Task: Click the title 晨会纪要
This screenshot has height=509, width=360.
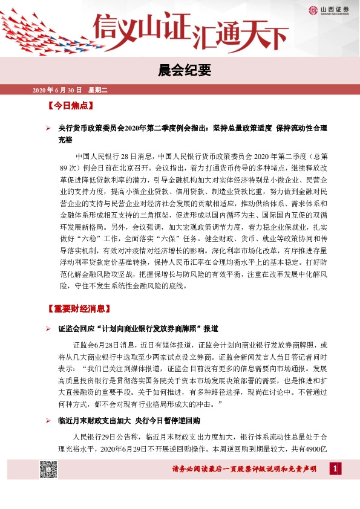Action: (180, 71)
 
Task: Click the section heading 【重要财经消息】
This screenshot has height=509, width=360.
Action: (79, 309)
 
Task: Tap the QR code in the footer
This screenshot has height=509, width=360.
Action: (48, 469)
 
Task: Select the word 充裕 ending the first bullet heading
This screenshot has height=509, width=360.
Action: (65, 140)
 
